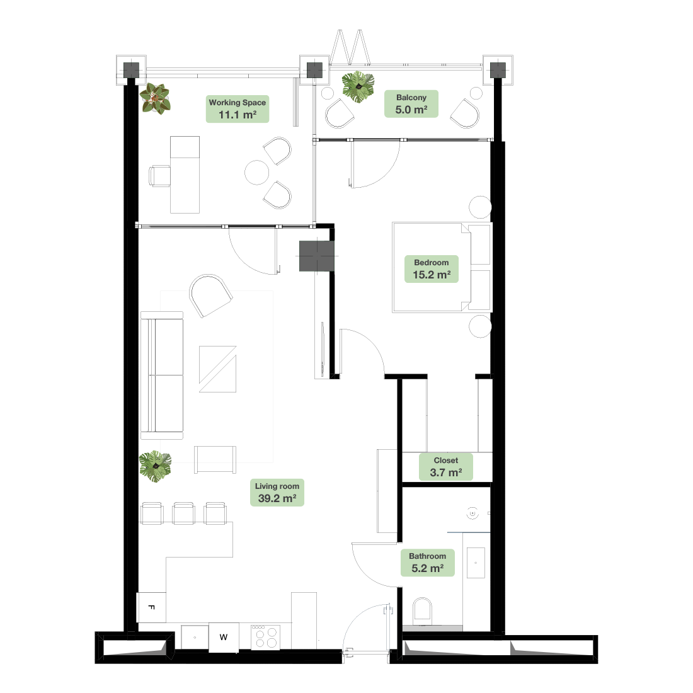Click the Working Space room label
(x=238, y=109)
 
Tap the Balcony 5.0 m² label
(x=411, y=104)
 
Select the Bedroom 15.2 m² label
(x=432, y=269)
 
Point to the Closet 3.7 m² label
(x=445, y=467)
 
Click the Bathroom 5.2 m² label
(x=427, y=563)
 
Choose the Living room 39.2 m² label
(x=277, y=493)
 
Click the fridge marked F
(x=152, y=607)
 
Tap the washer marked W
(x=224, y=638)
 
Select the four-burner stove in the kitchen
(x=266, y=637)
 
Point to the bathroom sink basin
(x=476, y=563)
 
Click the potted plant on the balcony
(x=358, y=87)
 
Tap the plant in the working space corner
(x=155, y=99)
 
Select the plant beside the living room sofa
(x=155, y=466)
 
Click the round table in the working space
(x=257, y=172)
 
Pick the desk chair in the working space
(x=159, y=176)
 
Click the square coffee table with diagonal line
(x=217, y=369)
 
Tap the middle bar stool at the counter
(x=183, y=513)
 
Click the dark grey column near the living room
(x=316, y=256)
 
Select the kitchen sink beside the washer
(x=195, y=638)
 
